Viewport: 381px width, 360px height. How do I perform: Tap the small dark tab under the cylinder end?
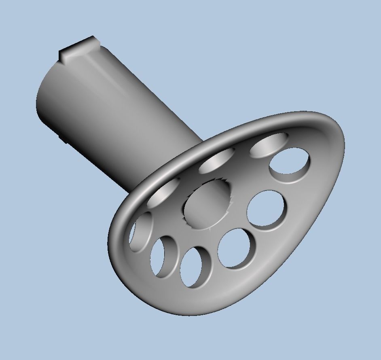click(63, 138)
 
